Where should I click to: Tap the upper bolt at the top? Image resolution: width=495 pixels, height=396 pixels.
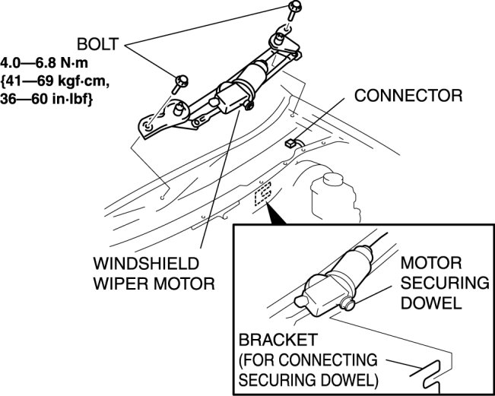coord(294,11)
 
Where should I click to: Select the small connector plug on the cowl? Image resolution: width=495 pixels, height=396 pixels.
coord(290,142)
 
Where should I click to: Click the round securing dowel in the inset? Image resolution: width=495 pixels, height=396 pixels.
coord(349,303)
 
